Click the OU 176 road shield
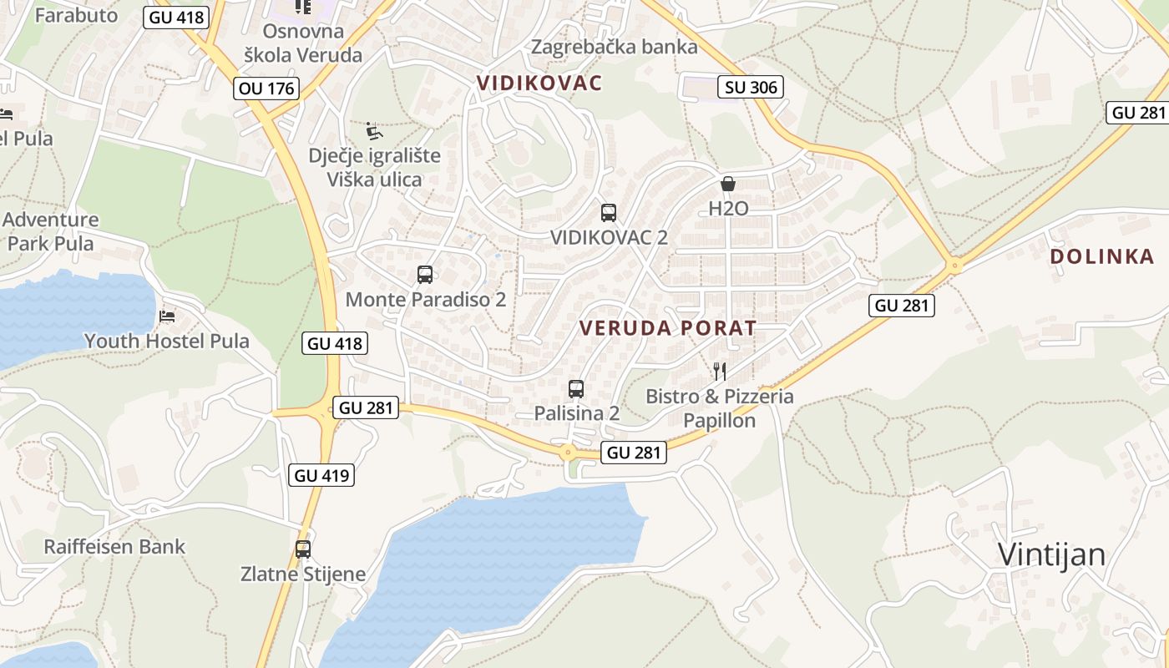[266, 88]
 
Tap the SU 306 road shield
[750, 86]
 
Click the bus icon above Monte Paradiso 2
[425, 274]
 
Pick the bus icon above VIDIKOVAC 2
[609, 212]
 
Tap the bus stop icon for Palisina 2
[576, 388]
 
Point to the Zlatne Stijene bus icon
[303, 549]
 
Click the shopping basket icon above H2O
[728, 184]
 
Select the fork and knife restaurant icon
[720, 371]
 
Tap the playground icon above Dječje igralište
[374, 131]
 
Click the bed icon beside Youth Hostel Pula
[167, 316]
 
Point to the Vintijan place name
[1052, 554]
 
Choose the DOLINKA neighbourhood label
[1102, 256]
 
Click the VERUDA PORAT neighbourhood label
[668, 328]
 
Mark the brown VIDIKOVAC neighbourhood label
[539, 83]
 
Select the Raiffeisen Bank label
[114, 547]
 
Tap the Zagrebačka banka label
[615, 47]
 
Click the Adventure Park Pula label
[51, 231]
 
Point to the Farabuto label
[76, 15]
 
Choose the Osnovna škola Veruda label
[303, 43]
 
